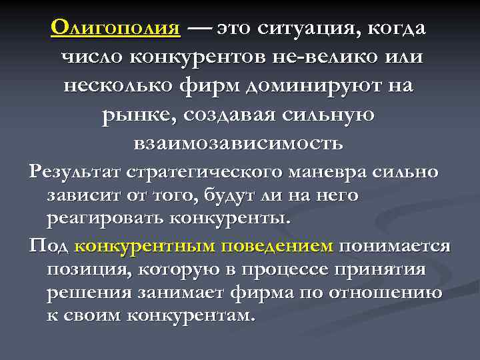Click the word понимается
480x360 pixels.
(x=395, y=246)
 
